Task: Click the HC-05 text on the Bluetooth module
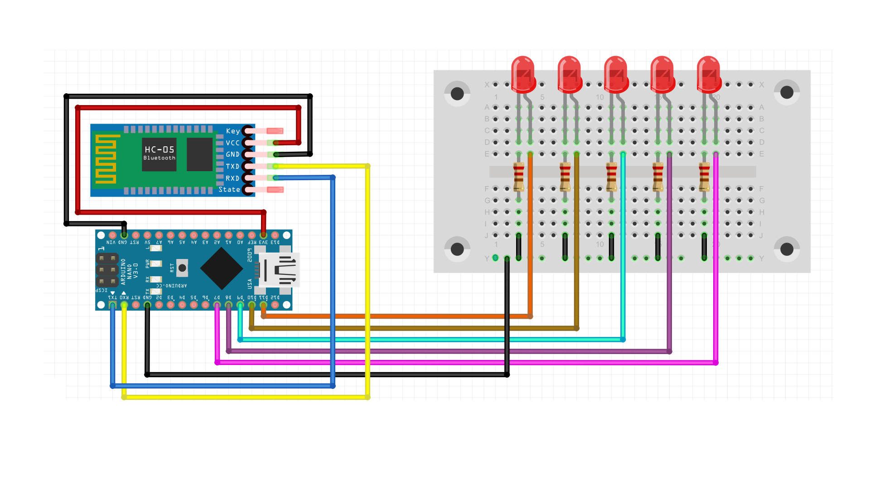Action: (x=159, y=149)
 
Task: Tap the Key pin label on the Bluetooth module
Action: (x=233, y=131)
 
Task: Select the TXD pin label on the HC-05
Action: (x=232, y=166)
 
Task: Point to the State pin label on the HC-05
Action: (x=229, y=190)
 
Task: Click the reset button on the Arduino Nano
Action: (x=182, y=268)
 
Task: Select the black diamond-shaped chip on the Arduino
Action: (x=222, y=268)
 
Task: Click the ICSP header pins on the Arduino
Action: (x=107, y=270)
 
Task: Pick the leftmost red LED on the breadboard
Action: (x=523, y=73)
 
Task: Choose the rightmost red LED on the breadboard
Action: (x=709, y=73)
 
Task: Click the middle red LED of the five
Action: (x=616, y=73)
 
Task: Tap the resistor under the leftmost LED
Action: (x=519, y=177)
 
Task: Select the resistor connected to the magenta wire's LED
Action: (x=704, y=177)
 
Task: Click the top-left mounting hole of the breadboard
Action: (x=457, y=94)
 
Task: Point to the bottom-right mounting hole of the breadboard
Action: (x=787, y=249)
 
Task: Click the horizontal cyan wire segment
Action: (x=430, y=340)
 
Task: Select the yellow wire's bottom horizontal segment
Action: (x=245, y=397)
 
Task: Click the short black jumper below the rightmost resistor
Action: (x=704, y=246)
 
